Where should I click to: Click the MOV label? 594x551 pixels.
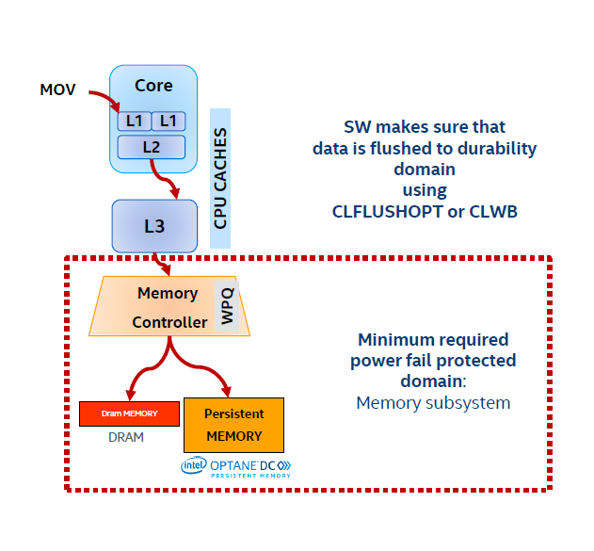pos(56,89)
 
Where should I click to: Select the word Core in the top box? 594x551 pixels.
pos(153,86)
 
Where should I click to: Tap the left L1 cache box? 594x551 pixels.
pos(133,121)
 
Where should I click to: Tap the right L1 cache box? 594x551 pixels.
pos(169,121)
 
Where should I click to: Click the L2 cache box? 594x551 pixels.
pos(152,147)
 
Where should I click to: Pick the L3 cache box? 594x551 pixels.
pos(153,227)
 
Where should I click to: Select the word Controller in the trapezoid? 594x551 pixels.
pos(169,322)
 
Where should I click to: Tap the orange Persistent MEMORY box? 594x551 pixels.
pos(234,425)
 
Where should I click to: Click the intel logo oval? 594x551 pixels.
pos(195,464)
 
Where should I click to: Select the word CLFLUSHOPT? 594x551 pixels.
pos(388,212)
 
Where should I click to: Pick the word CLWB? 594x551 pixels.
pos(494,212)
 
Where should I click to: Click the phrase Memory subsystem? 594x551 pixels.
pos(433,403)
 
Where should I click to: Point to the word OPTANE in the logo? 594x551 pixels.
pos(233,464)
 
